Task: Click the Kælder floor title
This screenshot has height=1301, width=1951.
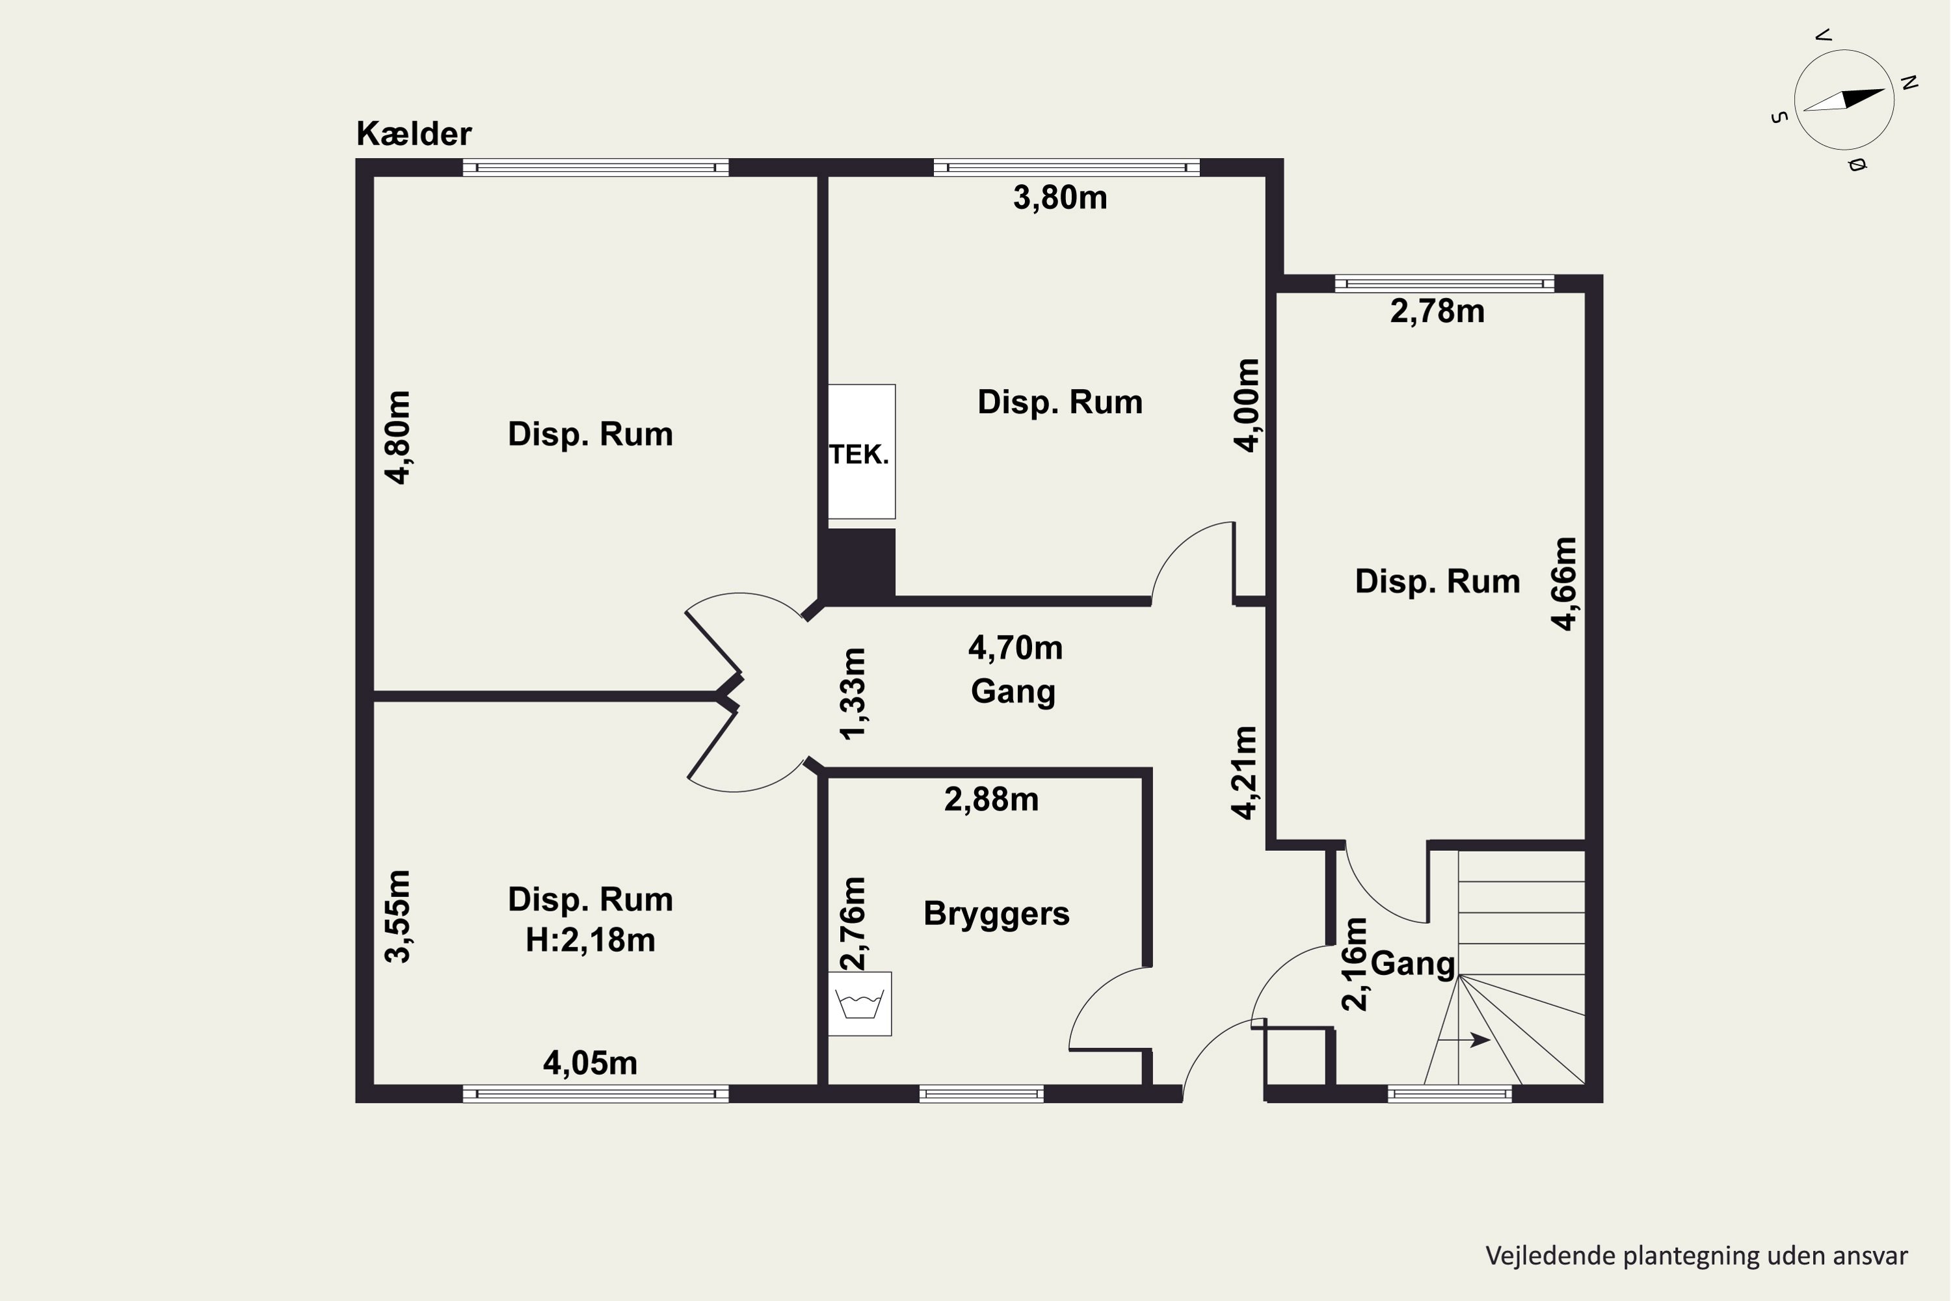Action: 414,133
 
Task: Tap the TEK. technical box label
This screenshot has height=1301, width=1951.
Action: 859,454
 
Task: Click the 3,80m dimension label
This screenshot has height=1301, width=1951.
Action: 1060,198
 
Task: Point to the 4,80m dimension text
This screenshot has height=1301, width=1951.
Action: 397,437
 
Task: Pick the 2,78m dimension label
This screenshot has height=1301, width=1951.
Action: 1437,311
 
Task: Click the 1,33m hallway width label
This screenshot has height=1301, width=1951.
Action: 853,693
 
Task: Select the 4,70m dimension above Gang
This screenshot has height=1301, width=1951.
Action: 1015,647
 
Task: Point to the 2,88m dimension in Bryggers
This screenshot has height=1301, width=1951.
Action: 991,799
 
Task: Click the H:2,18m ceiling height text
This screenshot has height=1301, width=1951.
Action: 591,940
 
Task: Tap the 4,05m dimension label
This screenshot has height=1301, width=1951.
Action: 591,1063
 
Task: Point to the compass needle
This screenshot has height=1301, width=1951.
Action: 1844,100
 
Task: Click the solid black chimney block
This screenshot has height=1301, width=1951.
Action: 857,564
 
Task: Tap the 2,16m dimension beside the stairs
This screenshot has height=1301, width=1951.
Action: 1354,963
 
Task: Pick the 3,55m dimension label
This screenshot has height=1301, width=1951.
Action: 397,916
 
